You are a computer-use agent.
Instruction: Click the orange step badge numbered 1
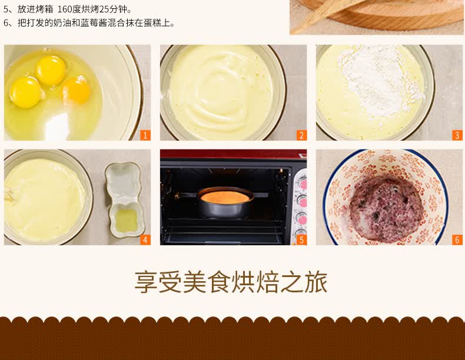pyautogui.click(x=145, y=135)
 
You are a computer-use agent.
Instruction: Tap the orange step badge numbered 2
pyautogui.click(x=301, y=135)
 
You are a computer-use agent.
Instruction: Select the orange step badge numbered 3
pyautogui.click(x=457, y=135)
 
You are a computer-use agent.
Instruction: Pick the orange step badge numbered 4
pyautogui.click(x=145, y=240)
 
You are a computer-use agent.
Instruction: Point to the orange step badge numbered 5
pyautogui.click(x=301, y=240)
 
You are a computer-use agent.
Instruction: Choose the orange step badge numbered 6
pyautogui.click(x=457, y=240)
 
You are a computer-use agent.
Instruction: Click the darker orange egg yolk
pyautogui.click(x=76, y=90)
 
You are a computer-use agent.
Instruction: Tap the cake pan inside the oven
pyautogui.click(x=225, y=202)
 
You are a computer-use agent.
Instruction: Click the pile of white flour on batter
pyautogui.click(x=381, y=80)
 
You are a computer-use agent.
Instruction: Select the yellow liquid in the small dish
pyautogui.click(x=127, y=221)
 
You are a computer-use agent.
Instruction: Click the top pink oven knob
pyautogui.click(x=303, y=183)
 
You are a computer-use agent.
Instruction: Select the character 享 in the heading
pyautogui.click(x=145, y=282)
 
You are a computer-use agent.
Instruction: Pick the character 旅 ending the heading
pyautogui.click(x=317, y=282)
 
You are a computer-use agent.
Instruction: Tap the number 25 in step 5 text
pyautogui.click(x=104, y=9)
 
